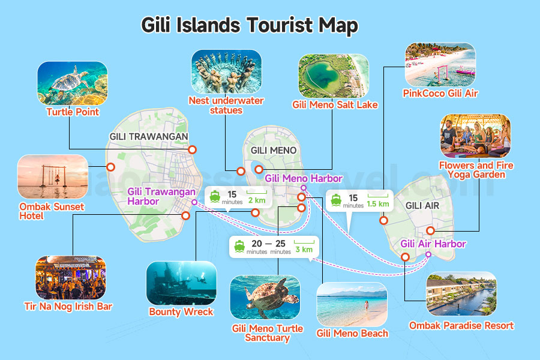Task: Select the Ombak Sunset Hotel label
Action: [51, 211]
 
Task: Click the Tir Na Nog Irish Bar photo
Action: [70, 278]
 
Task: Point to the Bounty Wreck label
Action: [181, 312]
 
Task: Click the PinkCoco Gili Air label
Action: [441, 93]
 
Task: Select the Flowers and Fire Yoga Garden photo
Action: [475, 136]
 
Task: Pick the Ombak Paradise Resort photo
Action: [461, 294]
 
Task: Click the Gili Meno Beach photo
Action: [352, 304]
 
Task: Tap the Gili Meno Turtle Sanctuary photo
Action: [265, 298]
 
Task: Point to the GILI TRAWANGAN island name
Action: [149, 137]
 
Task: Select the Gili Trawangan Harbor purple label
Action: [161, 197]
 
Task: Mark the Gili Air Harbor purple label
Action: [433, 244]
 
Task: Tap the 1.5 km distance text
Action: [377, 204]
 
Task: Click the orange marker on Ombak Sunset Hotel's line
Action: [110, 167]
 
